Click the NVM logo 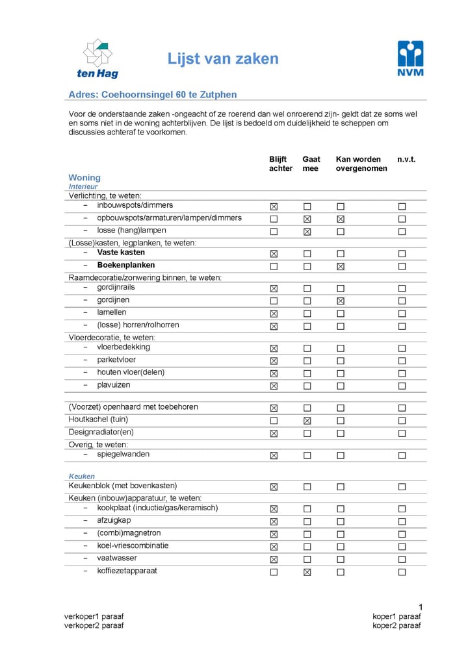pos(410,58)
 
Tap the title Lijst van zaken pos(223,59)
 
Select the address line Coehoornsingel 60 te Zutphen pos(153,95)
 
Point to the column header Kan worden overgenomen pos(361,164)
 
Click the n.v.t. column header pos(406,159)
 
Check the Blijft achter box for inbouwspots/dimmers pos(274,206)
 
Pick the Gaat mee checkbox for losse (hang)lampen pos(307,232)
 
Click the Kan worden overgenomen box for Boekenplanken pos(341,266)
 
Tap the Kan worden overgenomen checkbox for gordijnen pos(341,301)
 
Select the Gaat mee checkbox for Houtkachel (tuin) pos(307,421)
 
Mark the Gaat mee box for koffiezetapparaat pos(307,572)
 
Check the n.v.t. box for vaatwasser pos(402,559)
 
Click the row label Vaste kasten pos(122,253)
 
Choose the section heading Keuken pos(82,476)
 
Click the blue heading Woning pos(84,177)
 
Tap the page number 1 pos(421,606)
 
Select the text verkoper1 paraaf pos(94,616)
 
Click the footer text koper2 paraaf pos(396,625)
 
